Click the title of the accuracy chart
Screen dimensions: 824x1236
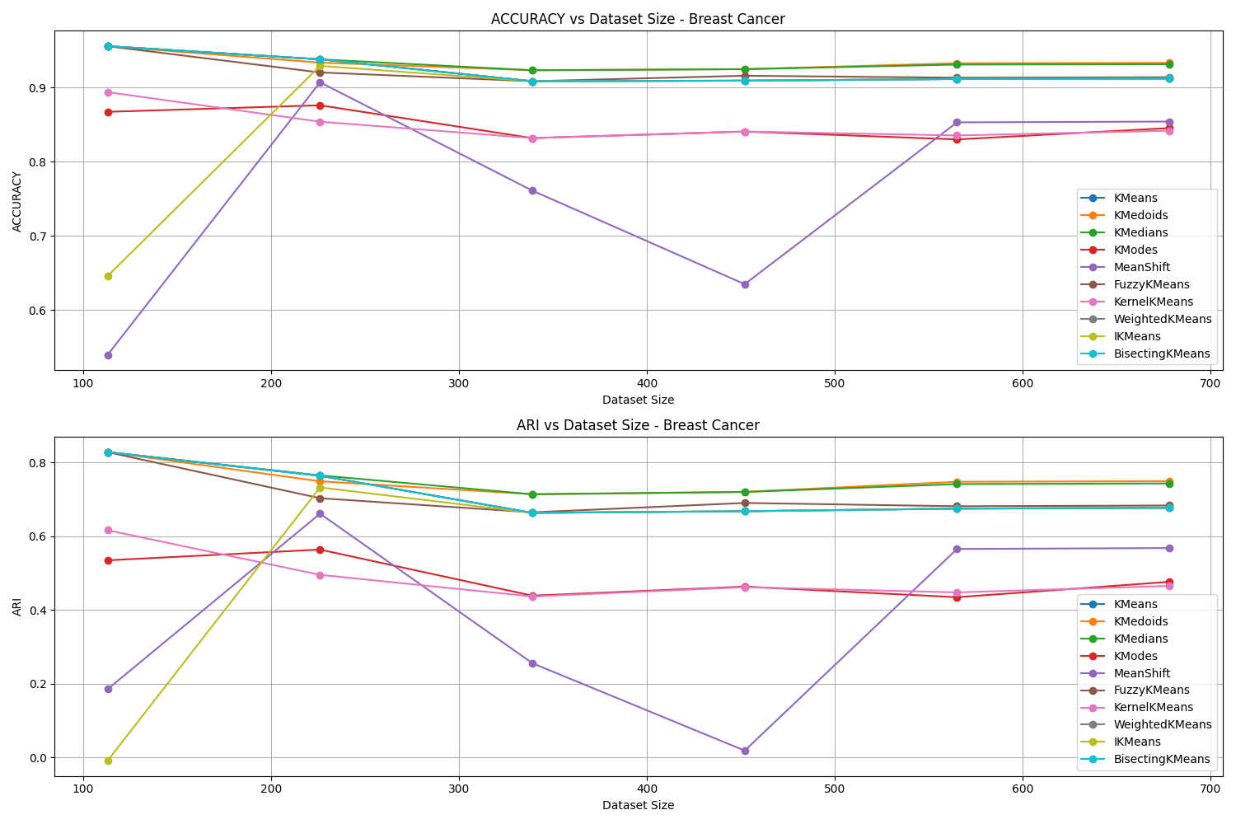click(638, 19)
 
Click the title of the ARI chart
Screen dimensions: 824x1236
click(638, 425)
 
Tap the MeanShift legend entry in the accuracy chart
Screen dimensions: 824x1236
click(1141, 267)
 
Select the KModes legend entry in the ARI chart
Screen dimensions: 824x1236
click(1135, 656)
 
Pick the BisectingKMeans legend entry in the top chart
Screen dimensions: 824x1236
click(1161, 353)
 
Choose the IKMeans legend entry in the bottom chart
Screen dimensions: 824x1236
click(1136, 742)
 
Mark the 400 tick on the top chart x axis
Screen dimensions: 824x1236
click(647, 383)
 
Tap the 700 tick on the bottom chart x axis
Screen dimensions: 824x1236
click(1210, 789)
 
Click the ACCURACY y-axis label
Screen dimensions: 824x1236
click(17, 201)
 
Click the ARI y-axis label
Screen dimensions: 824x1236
click(17, 607)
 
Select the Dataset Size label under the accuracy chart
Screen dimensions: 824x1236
click(638, 400)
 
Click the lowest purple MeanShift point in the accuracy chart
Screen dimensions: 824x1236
click(108, 355)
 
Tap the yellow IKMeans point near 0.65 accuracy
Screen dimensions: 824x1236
click(108, 276)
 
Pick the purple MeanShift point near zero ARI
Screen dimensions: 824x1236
click(745, 751)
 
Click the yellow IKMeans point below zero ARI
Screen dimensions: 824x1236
click(108, 761)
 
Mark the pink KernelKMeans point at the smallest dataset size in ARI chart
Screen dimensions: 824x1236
click(108, 530)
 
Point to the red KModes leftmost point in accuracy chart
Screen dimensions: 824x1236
click(108, 112)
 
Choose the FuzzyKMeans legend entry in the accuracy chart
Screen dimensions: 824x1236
click(1151, 284)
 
